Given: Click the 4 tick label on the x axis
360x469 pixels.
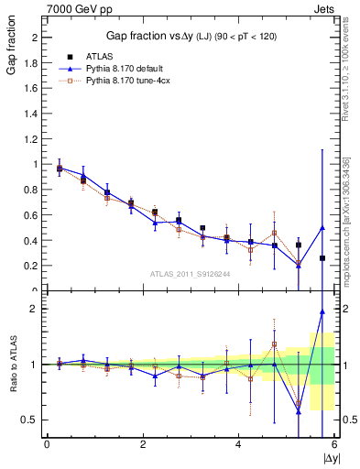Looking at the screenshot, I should (x=238, y=444).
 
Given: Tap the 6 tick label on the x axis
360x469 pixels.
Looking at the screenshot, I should (x=334, y=444).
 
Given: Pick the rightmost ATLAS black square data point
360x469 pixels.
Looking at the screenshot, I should (x=322, y=258).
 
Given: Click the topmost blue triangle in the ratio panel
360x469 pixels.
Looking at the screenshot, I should (x=322, y=311).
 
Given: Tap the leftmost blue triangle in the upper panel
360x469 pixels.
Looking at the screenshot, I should (x=60, y=168).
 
